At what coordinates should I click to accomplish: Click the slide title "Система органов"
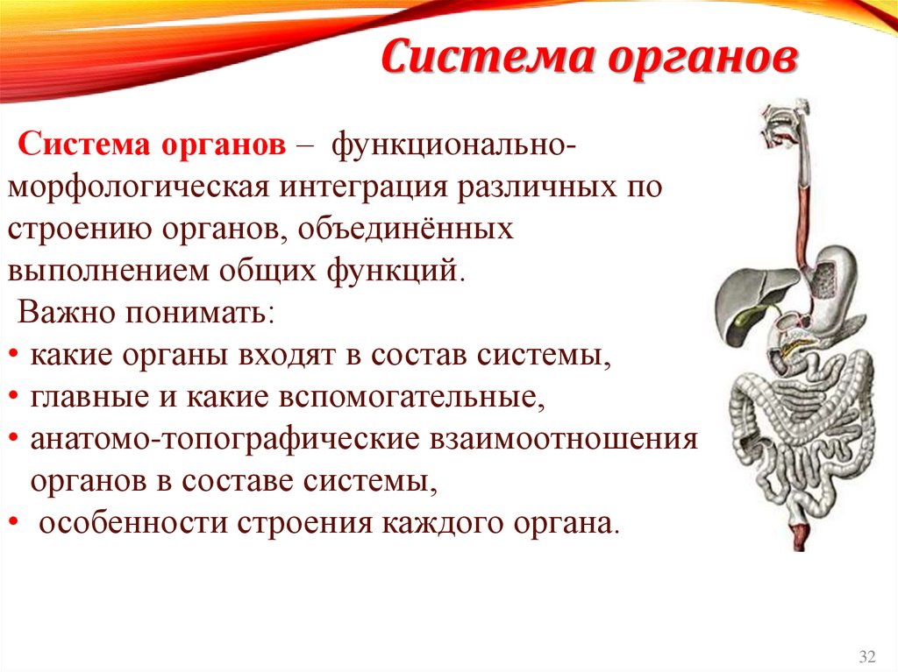point(588,60)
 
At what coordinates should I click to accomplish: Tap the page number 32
point(867,656)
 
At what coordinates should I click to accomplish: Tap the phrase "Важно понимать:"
point(146,313)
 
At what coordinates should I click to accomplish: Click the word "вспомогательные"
point(408,398)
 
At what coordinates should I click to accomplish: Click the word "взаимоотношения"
point(563,440)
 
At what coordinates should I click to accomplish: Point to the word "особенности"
point(130,524)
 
